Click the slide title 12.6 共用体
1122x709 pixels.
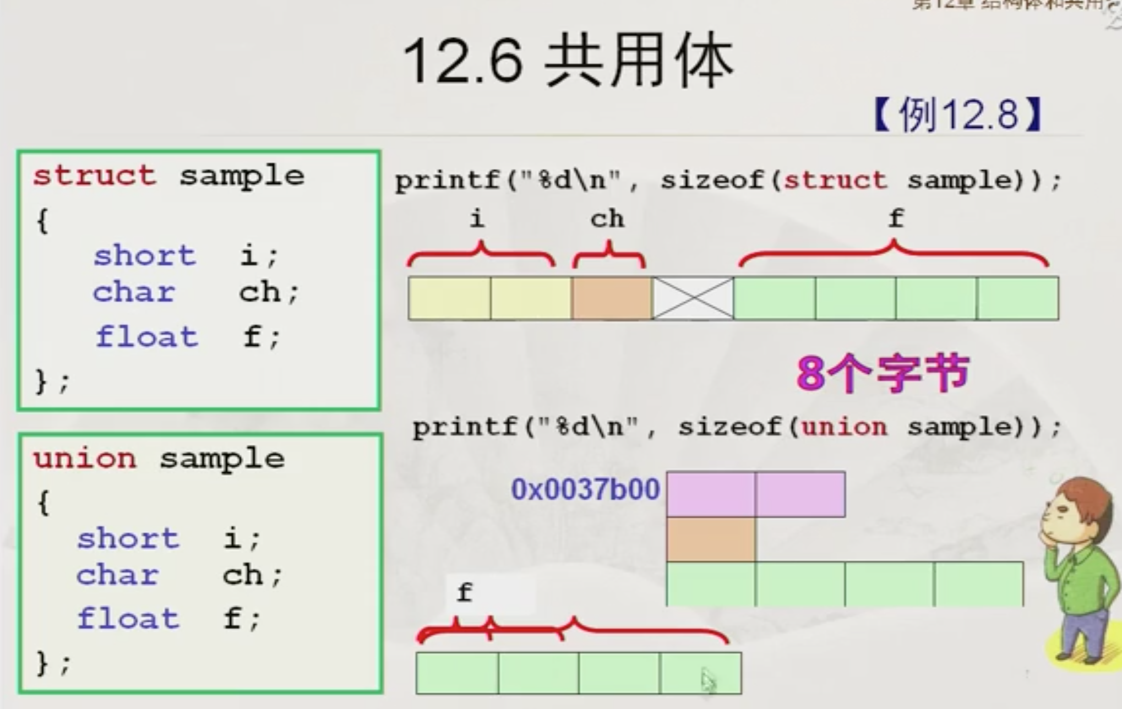[568, 61]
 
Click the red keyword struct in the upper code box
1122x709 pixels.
[94, 176]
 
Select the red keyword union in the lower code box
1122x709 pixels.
[84, 459]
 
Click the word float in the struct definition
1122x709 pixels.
[146, 336]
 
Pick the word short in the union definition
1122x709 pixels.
[128, 538]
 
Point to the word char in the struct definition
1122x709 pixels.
[134, 292]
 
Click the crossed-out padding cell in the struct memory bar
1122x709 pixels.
[693, 298]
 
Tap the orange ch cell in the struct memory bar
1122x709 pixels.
[612, 298]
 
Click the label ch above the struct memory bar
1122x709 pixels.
[607, 219]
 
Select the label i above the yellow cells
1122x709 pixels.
[477, 219]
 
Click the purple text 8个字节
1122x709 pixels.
[882, 373]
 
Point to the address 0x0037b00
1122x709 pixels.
[585, 489]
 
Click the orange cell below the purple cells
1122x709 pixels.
[711, 539]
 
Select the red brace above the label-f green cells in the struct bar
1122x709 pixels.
[894, 253]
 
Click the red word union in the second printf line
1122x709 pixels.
[844, 427]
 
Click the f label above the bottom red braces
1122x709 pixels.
[464, 593]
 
